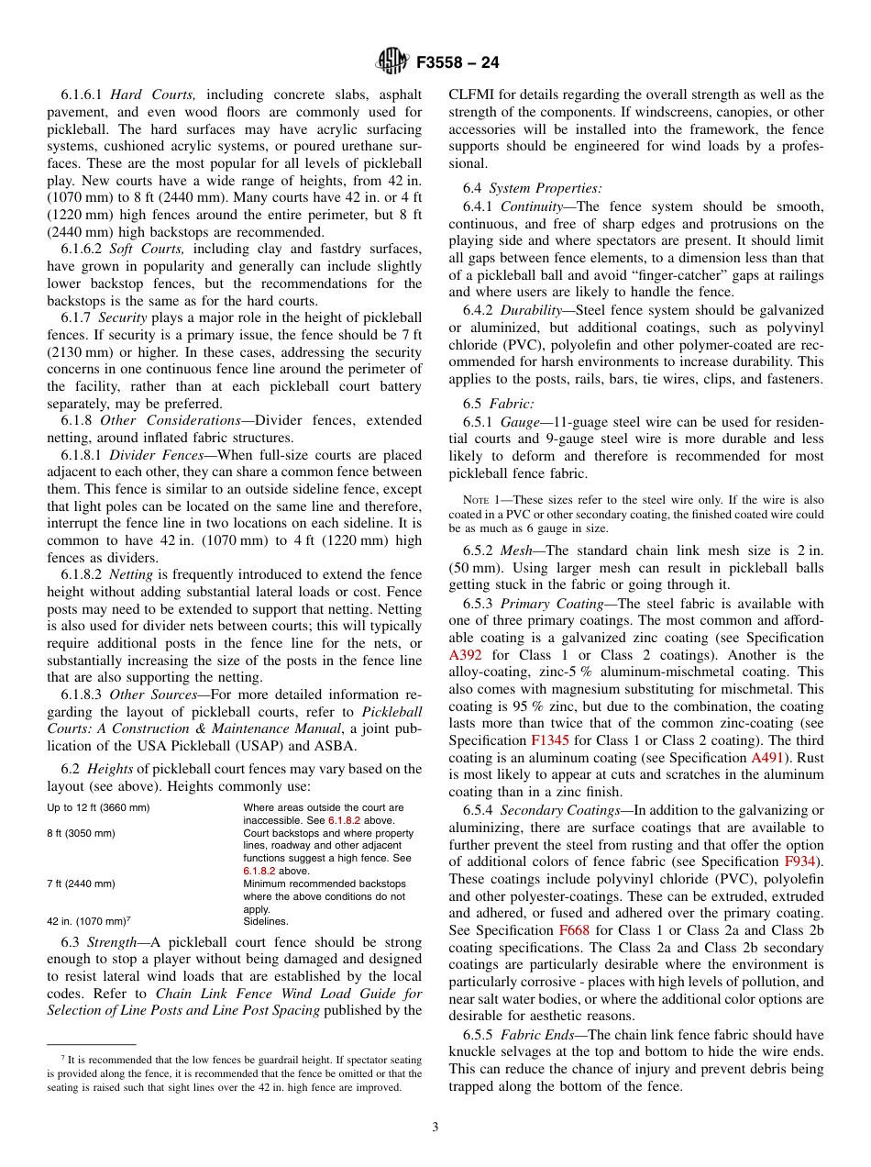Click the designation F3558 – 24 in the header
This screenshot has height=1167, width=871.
[x=458, y=63]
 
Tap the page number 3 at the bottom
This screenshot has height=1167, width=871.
[x=435, y=1127]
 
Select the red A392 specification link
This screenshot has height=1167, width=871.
[x=466, y=655]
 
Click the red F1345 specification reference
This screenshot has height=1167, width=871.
[x=548, y=739]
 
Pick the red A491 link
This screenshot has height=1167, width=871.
[x=766, y=758]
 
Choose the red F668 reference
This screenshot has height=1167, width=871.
[x=573, y=929]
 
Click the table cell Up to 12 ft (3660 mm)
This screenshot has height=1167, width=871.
[x=98, y=807]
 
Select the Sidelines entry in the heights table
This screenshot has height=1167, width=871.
[x=266, y=921]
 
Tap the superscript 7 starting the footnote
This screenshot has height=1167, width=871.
[x=50, y=1056]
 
